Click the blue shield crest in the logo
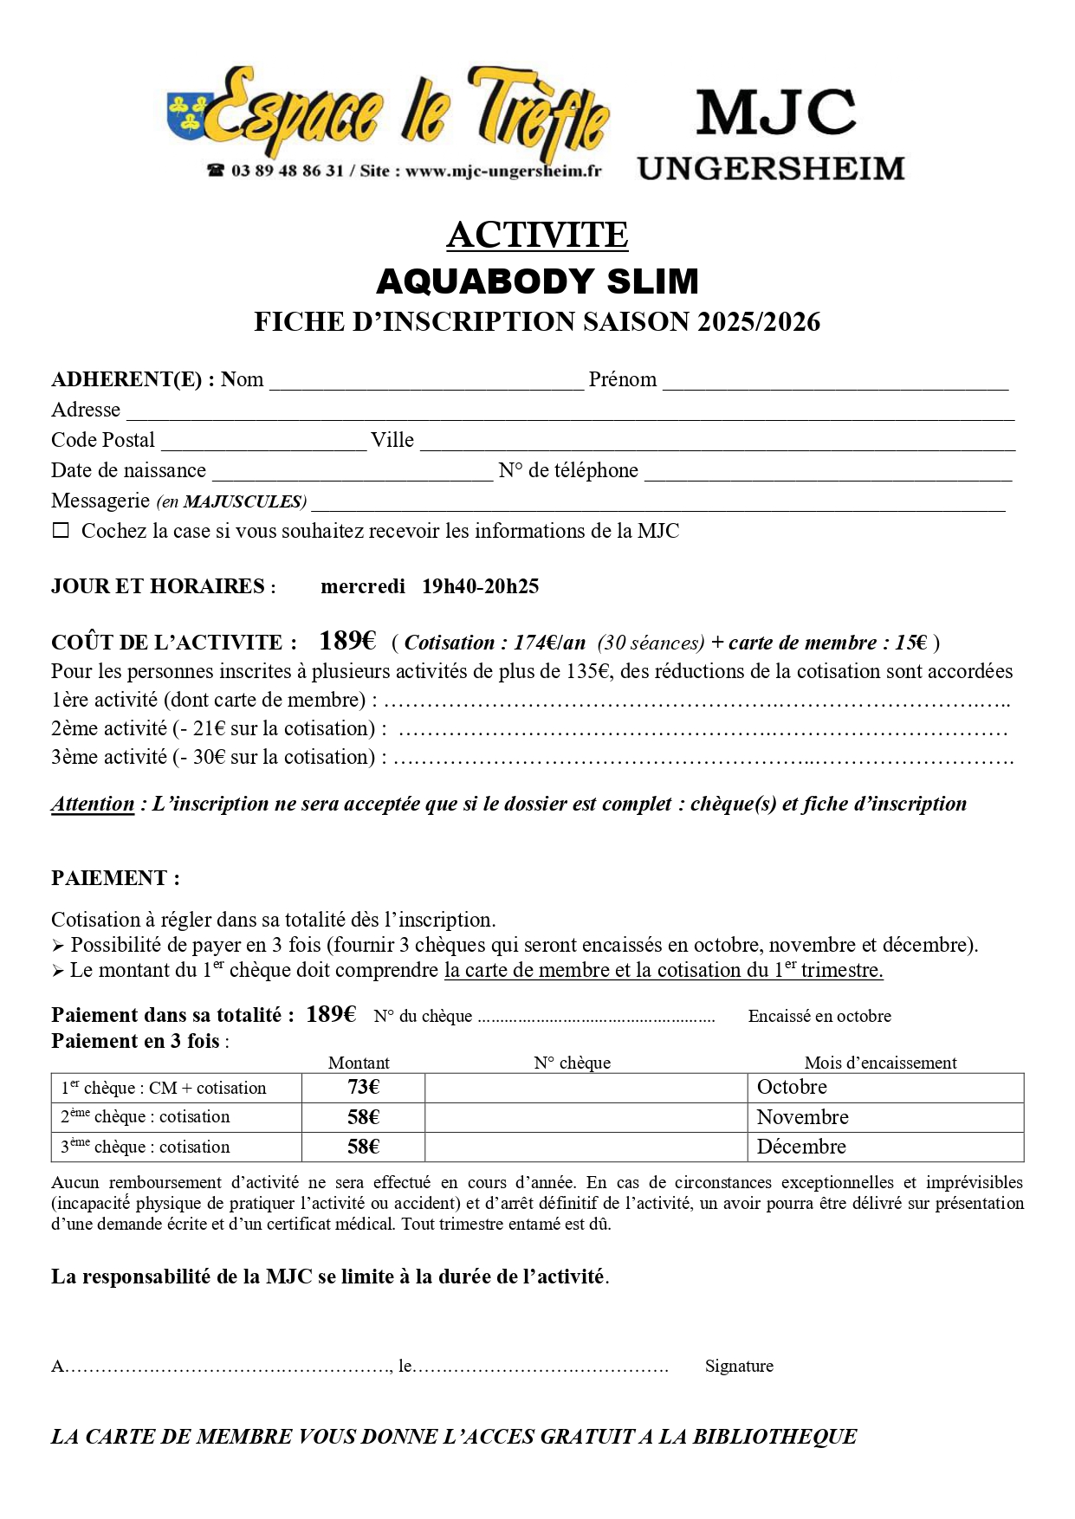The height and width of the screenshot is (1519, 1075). (x=186, y=114)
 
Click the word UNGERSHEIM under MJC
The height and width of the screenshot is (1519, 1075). (x=771, y=168)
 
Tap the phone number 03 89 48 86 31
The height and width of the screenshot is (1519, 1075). (x=287, y=171)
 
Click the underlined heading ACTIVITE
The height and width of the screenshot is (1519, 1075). (x=537, y=235)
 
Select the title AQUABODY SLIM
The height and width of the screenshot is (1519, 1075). (x=537, y=281)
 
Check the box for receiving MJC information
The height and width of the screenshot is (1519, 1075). (x=61, y=531)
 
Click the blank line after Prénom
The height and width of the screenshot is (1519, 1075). (x=835, y=382)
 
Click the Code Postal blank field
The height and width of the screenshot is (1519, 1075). (x=263, y=443)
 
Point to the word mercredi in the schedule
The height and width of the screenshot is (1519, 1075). (x=362, y=586)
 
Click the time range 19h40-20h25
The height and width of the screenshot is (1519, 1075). (x=480, y=586)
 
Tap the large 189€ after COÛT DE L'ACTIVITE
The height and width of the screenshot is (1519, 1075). (x=347, y=641)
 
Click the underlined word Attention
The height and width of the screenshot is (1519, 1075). (x=93, y=804)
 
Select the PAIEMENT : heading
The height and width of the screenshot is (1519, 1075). (x=115, y=878)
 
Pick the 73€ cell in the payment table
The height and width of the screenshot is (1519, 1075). (x=363, y=1088)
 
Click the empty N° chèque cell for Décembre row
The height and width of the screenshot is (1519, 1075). (x=586, y=1147)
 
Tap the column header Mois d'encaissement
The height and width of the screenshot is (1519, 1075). (x=880, y=1063)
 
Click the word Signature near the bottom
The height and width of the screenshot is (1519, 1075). (x=739, y=1366)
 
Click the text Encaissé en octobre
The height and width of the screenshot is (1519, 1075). (x=819, y=1016)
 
